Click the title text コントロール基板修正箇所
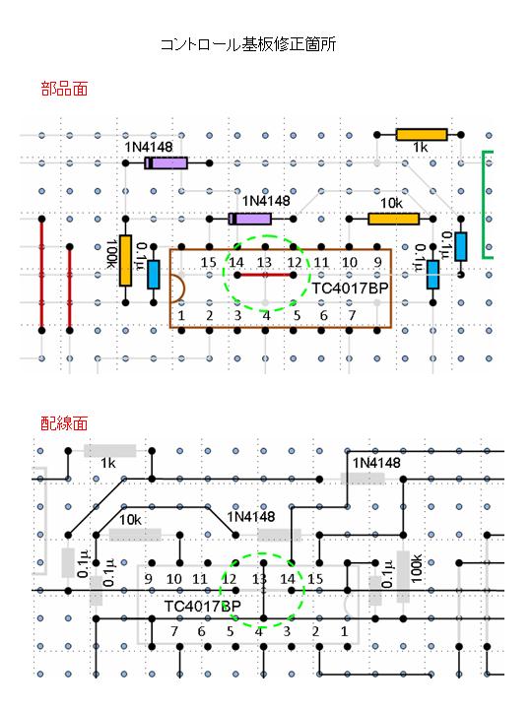pyautogui.click(x=248, y=44)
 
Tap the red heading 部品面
pyautogui.click(x=64, y=89)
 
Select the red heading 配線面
pyautogui.click(x=64, y=423)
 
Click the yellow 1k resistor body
pyautogui.click(x=422, y=135)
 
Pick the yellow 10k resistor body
pyautogui.click(x=393, y=220)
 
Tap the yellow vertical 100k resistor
pyautogui.click(x=126, y=260)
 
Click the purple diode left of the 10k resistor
pyautogui.click(x=250, y=220)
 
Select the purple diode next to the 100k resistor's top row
pyautogui.click(x=166, y=163)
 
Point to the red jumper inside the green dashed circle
pyautogui.click(x=265, y=275)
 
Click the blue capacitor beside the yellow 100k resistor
pyautogui.click(x=154, y=275)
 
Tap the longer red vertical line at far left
pyautogui.click(x=41, y=275)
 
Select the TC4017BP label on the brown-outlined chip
pyautogui.click(x=350, y=288)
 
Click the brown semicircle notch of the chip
pyautogui.click(x=177, y=289)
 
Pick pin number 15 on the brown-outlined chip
pyautogui.click(x=209, y=262)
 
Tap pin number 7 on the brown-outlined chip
pyautogui.click(x=352, y=315)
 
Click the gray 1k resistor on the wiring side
pyautogui.click(x=110, y=451)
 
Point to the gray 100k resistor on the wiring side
pyautogui.click(x=403, y=577)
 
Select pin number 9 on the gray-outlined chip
pyautogui.click(x=148, y=579)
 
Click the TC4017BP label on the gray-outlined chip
pyautogui.click(x=202, y=607)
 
